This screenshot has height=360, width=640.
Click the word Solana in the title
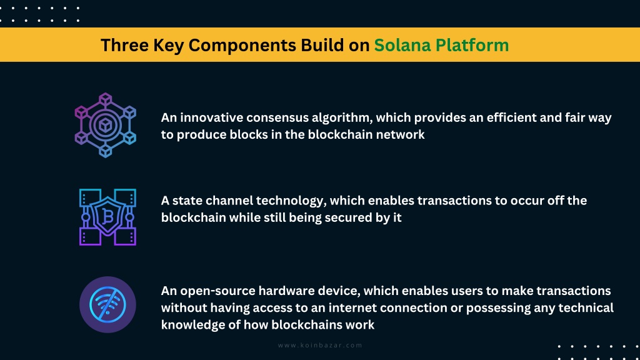[402, 45]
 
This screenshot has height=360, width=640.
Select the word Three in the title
[124, 45]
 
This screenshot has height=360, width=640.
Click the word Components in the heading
[242, 46]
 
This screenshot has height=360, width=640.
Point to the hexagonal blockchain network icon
[105, 125]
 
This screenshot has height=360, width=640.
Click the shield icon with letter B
[107, 217]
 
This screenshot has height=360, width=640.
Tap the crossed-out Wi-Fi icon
[107, 304]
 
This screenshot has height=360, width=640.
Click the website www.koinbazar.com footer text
[320, 345]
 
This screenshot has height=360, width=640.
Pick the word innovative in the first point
[211, 117]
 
